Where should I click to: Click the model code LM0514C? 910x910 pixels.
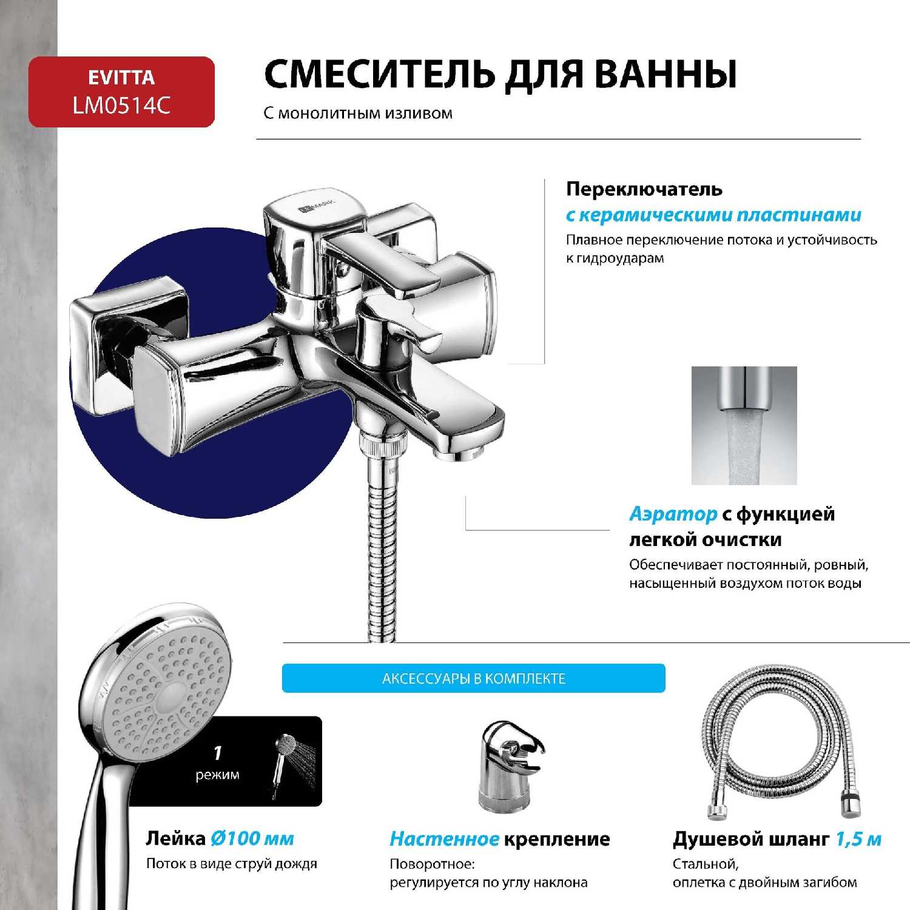pyautogui.click(x=121, y=106)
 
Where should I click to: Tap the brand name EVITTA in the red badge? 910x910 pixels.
pyautogui.click(x=121, y=78)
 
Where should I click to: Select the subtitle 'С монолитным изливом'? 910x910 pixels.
pyautogui.click(x=358, y=113)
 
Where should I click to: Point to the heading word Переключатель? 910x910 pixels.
pyautogui.click(x=644, y=189)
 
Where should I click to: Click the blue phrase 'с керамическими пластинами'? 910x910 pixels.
pyautogui.click(x=713, y=215)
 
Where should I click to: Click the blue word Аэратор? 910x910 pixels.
pyautogui.click(x=673, y=514)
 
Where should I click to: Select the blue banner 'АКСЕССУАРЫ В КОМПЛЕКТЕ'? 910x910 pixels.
pyautogui.click(x=473, y=678)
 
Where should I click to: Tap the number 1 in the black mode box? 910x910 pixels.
pyautogui.click(x=218, y=753)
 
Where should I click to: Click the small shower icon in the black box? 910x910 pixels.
pyautogui.click(x=285, y=761)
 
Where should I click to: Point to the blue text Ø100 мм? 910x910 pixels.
pyautogui.click(x=252, y=839)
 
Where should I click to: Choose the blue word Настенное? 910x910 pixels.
pyautogui.click(x=444, y=839)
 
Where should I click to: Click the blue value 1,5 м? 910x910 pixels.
pyautogui.click(x=858, y=839)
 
